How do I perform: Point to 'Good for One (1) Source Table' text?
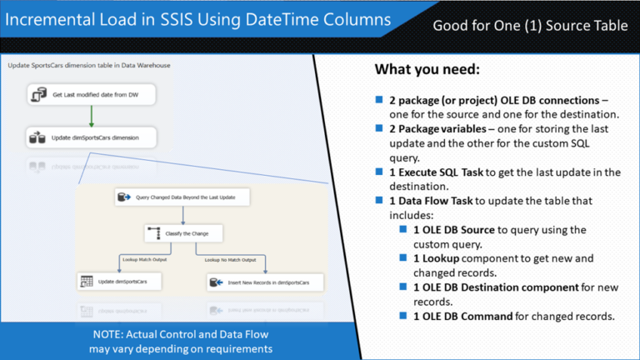[x=530, y=26]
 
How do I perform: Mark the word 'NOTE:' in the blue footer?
[x=111, y=334]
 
